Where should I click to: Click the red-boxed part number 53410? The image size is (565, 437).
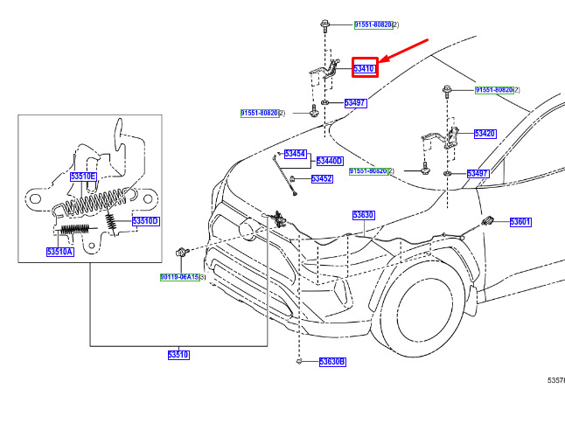pos(365,67)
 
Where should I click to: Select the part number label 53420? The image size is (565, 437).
pos(485,134)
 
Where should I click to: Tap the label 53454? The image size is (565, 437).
pos(296,154)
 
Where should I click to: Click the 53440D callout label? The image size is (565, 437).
pos(329,162)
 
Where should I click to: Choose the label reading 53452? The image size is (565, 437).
pos(322,179)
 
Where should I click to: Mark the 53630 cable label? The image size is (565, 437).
pos(363,215)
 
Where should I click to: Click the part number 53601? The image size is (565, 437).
pos(520,222)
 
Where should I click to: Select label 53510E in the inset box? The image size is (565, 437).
pos(83,177)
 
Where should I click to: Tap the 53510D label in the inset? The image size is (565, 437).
pos(145,222)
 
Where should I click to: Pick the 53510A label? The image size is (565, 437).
pos(60,253)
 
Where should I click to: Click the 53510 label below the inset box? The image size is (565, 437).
pos(178,355)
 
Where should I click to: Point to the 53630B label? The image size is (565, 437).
pos(332,362)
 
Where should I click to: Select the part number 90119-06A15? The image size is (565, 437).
pos(178,277)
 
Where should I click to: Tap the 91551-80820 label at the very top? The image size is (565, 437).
pos(373,24)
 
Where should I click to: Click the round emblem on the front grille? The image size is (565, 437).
pos(248,229)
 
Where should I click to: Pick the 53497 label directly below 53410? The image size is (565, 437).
pos(355,103)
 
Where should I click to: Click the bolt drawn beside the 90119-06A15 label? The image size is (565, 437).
pos(181,253)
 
